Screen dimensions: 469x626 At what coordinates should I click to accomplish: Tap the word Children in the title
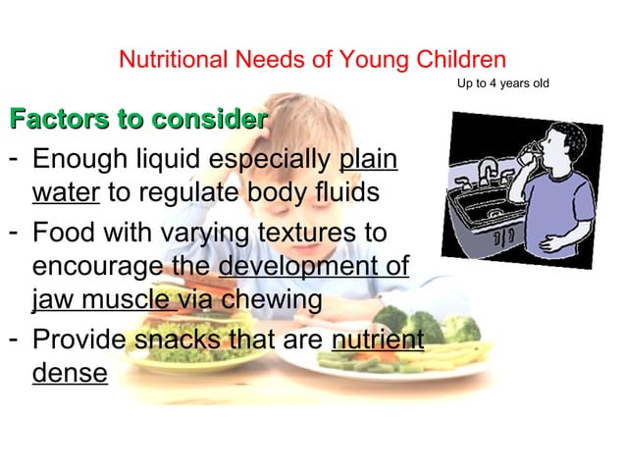[x=462, y=59]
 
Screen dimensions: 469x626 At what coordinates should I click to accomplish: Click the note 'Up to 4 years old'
[x=502, y=83]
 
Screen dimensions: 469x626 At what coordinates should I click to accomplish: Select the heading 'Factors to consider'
[x=138, y=121]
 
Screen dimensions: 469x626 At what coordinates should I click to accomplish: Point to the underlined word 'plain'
[x=368, y=160]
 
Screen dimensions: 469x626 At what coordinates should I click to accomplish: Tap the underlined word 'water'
[x=66, y=191]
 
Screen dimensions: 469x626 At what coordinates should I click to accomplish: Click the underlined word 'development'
[x=314, y=267]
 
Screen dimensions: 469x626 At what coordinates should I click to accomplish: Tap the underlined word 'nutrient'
[x=378, y=341]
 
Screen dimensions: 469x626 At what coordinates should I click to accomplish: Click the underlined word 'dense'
[x=70, y=373]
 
